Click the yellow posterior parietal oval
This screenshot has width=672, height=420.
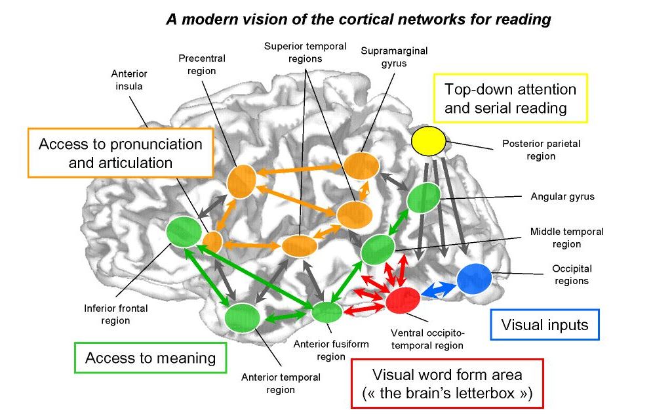tap(428, 141)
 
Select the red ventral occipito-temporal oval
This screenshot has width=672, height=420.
tap(403, 299)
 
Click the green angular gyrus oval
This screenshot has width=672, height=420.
tap(424, 198)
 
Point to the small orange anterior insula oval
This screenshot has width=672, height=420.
tap(212, 241)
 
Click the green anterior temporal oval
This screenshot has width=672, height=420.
tap(242, 318)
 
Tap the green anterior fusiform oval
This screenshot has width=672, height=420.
tap(326, 312)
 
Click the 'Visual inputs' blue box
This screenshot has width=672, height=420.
tap(545, 324)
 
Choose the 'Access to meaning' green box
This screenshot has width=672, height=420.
tap(150, 358)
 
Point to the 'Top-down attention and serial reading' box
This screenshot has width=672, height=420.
tap(510, 98)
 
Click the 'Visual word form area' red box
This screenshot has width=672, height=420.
tap(447, 384)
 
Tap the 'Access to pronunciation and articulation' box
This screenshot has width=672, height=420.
tap(121, 153)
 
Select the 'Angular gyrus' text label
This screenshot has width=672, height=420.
tap(563, 196)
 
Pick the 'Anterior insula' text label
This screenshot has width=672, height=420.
tap(129, 79)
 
